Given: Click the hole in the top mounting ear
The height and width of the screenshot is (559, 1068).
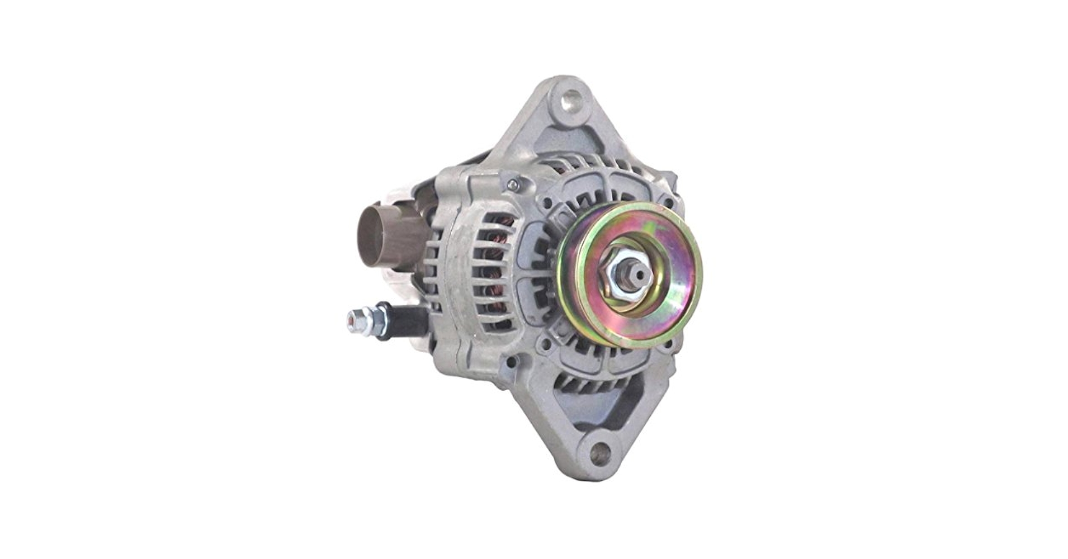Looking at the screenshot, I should [x=570, y=100].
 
